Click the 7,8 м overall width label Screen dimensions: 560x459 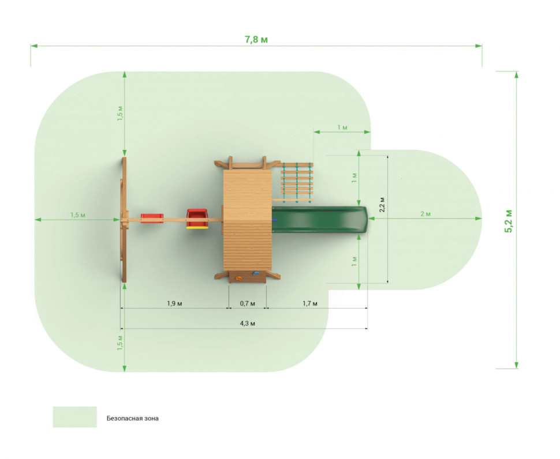[256, 39]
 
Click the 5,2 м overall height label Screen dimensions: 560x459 [508, 221]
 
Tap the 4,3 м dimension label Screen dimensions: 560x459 [247, 323]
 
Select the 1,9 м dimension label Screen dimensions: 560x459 [174, 303]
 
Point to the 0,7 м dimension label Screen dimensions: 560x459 [247, 303]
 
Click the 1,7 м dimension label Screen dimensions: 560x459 [309, 303]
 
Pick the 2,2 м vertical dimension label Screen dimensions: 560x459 [382, 205]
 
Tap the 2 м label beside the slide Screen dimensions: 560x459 [425, 214]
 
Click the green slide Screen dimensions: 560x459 [320, 220]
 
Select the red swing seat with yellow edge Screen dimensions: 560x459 [197, 219]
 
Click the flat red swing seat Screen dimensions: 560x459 [152, 219]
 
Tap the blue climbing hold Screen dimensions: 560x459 [255, 273]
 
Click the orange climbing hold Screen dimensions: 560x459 [238, 278]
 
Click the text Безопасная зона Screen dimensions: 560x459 [133, 418]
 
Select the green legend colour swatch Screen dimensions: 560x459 [74, 417]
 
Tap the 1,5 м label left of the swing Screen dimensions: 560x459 [77, 215]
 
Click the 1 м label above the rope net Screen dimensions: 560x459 [342, 127]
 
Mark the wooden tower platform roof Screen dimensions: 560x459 [248, 220]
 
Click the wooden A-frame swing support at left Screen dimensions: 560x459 [124, 220]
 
